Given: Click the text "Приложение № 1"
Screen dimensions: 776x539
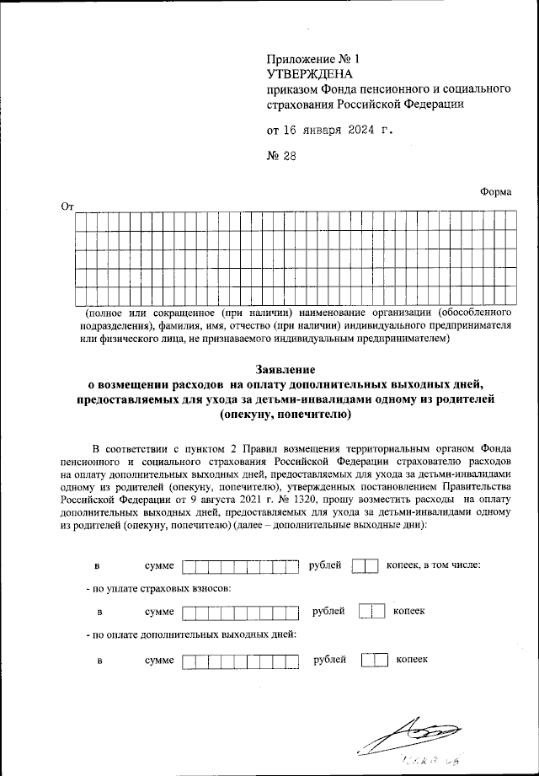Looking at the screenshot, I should tap(312, 60).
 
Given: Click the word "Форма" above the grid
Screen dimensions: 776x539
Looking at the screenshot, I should tap(495, 191).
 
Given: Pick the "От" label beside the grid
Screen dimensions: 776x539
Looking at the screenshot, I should tap(67, 206).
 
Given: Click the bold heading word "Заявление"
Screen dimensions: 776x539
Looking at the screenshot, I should tap(285, 369).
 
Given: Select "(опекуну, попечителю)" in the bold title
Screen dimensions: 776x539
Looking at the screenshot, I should tap(285, 415).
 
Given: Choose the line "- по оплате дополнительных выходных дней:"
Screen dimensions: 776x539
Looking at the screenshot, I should tap(191, 634).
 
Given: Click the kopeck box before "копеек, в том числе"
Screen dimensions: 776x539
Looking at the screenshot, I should tap(365, 565).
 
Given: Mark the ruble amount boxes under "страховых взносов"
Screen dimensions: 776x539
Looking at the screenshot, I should tap(241, 613).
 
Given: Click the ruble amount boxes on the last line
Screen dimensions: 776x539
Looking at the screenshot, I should tap(241, 661).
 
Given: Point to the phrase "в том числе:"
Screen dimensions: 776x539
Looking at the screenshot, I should tap(454, 565).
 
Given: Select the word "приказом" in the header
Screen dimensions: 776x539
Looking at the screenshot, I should tap(290, 88).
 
